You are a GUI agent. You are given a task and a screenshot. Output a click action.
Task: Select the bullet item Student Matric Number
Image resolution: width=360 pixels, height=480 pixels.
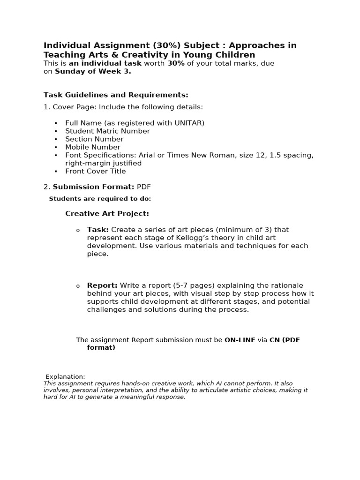click(x=107, y=131)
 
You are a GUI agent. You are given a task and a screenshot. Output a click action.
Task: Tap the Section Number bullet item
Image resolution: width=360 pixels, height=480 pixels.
click(x=94, y=139)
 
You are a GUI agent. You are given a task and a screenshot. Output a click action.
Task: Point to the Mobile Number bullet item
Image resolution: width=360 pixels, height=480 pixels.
click(x=93, y=147)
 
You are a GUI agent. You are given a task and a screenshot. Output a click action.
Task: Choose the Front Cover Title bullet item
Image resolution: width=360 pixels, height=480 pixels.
click(x=95, y=171)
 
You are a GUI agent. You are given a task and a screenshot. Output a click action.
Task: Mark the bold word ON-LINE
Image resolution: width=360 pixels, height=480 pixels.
click(x=240, y=340)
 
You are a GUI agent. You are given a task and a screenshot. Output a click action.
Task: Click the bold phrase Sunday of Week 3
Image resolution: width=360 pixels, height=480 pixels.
click(x=93, y=71)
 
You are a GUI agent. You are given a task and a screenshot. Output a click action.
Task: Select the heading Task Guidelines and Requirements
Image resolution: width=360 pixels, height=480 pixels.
click(x=116, y=95)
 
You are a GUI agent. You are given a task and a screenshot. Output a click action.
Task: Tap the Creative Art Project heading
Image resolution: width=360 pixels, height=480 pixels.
click(x=107, y=214)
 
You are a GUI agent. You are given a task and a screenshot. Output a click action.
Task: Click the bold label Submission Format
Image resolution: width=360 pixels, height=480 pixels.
click(x=93, y=187)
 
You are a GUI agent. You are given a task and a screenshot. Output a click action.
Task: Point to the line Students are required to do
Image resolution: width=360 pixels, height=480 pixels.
click(x=100, y=199)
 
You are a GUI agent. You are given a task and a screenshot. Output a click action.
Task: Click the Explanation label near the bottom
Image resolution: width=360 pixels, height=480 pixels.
click(x=65, y=376)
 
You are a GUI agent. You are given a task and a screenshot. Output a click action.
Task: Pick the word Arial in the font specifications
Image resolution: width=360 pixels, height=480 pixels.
click(x=148, y=155)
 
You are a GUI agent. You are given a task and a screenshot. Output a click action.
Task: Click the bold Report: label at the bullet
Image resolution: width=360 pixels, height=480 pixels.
click(x=102, y=285)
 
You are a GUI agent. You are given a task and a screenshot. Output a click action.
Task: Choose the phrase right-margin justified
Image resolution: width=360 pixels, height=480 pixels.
click(x=103, y=163)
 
